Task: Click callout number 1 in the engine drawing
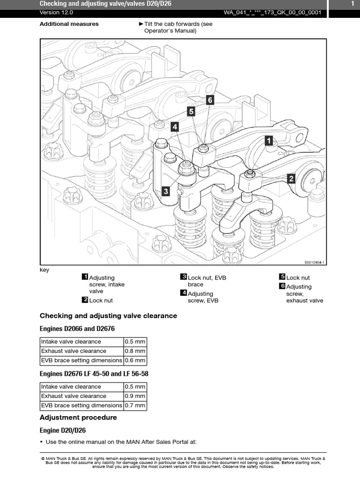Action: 269,141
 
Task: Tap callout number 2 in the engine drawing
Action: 291,179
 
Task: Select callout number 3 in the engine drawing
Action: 165,191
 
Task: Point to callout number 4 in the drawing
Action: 174,127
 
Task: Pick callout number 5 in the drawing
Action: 191,112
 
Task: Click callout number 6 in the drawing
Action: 210,100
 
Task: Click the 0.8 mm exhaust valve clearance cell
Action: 135,351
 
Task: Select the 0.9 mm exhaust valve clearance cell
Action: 135,396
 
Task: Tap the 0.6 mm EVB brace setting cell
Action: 135,360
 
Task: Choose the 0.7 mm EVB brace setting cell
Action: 135,405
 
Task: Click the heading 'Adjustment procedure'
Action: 78,418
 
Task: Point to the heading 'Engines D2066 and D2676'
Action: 77,329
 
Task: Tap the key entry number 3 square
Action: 183,277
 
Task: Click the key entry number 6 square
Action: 282,285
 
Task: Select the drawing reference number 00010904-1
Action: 315,262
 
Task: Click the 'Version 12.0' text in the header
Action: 56,13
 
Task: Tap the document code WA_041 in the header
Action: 272,13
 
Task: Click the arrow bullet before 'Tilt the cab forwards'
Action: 141,24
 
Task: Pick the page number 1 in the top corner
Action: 352,4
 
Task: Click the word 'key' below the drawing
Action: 45,270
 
